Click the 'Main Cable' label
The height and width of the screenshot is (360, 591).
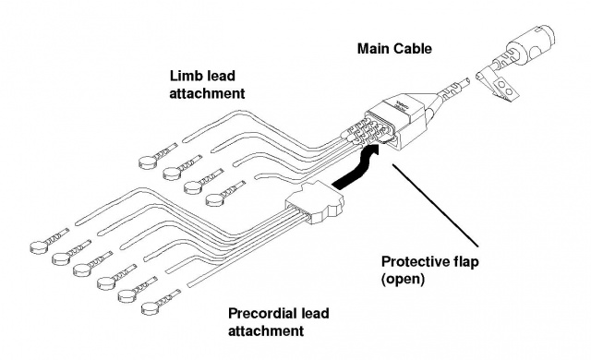(394, 49)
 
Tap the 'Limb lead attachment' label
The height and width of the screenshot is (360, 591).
(207, 84)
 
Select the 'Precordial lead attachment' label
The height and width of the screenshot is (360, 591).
(279, 322)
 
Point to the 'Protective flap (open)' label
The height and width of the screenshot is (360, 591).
(429, 270)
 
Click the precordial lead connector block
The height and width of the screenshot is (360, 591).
(315, 203)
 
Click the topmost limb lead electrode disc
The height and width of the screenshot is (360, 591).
(148, 162)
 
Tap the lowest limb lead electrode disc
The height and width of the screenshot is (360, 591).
(215, 199)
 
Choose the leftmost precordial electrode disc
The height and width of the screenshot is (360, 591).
(39, 247)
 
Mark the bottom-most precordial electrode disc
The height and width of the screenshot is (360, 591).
(151, 308)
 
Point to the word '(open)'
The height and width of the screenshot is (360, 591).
(403, 280)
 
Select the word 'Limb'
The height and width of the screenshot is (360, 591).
(185, 76)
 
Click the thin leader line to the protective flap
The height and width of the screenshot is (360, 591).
(435, 206)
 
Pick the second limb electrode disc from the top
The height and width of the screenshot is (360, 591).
(172, 174)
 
